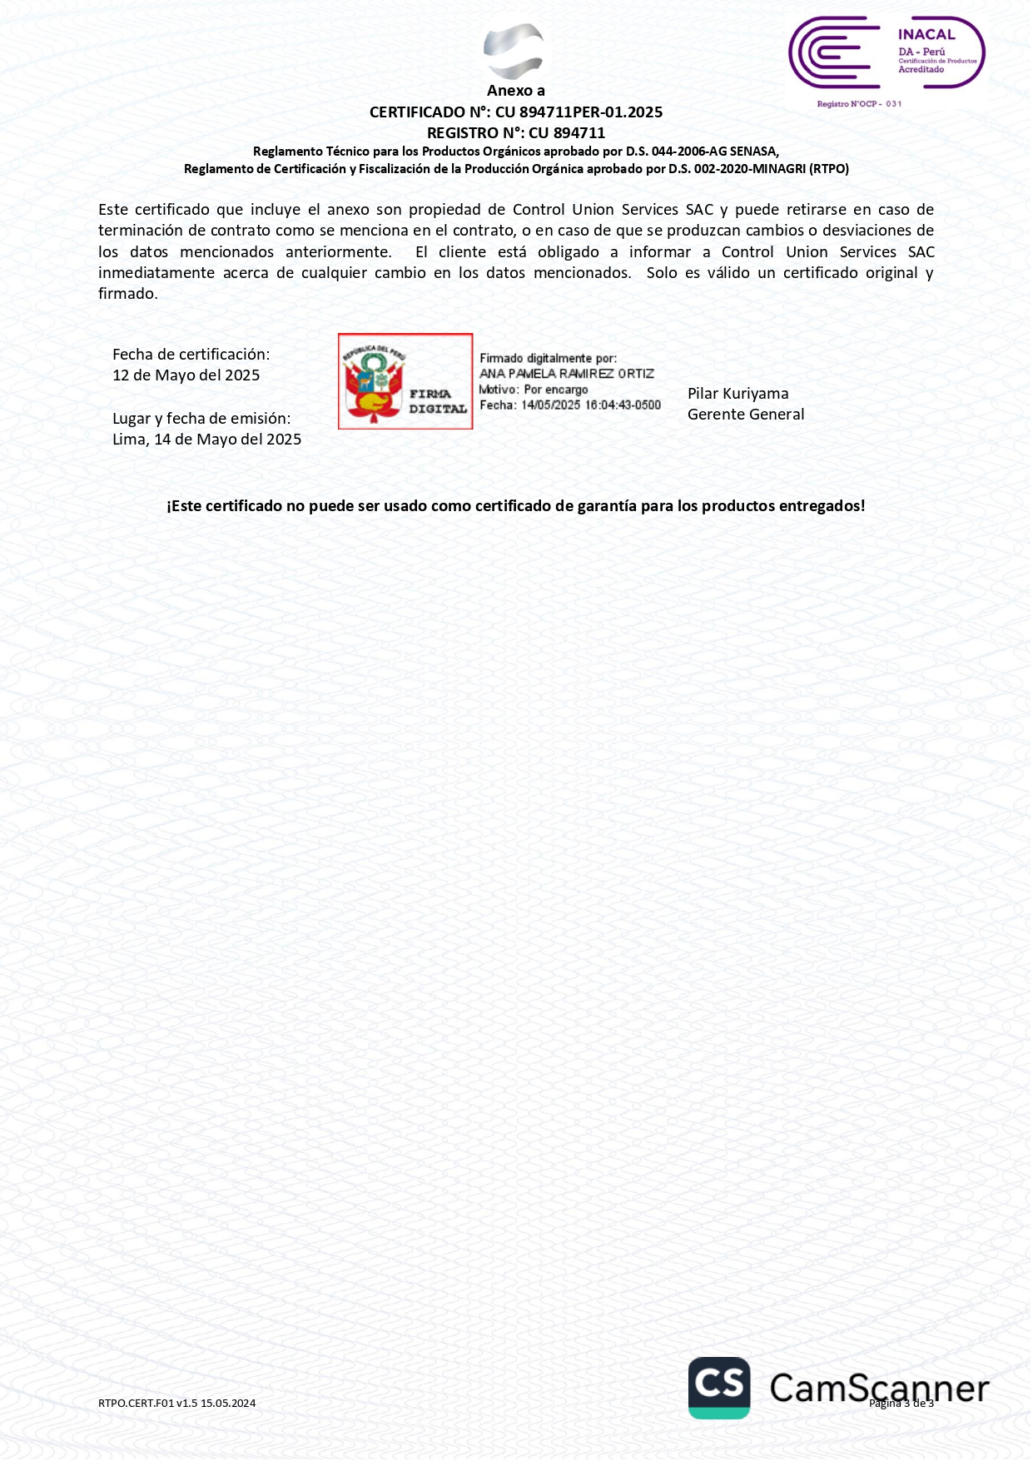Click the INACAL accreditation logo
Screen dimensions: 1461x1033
[886, 53]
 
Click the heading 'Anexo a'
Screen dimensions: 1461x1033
[516, 91]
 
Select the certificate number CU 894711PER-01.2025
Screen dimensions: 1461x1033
[579, 112]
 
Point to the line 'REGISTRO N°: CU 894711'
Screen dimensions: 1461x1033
[516, 133]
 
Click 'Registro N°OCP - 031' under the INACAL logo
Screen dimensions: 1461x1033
[859, 104]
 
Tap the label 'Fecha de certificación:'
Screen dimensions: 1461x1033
[191, 355]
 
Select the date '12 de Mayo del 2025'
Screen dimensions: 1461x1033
[186, 375]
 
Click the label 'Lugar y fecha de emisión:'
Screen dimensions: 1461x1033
[201, 419]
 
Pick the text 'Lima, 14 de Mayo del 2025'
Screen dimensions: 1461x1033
[207, 440]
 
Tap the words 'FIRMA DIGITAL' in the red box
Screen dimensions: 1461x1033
[437, 401]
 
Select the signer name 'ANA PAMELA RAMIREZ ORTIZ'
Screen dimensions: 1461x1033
[567, 374]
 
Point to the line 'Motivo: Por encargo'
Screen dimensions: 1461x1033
[534, 390]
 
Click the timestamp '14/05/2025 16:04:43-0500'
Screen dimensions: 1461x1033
[591, 405]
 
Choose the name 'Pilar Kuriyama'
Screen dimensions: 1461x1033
[738, 394]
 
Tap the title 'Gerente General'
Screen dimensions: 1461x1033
[746, 415]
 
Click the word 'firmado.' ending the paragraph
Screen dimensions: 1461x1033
[128, 294]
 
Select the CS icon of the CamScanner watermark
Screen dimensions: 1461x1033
[719, 1388]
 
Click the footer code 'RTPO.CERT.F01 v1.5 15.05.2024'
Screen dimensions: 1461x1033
[176, 1404]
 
